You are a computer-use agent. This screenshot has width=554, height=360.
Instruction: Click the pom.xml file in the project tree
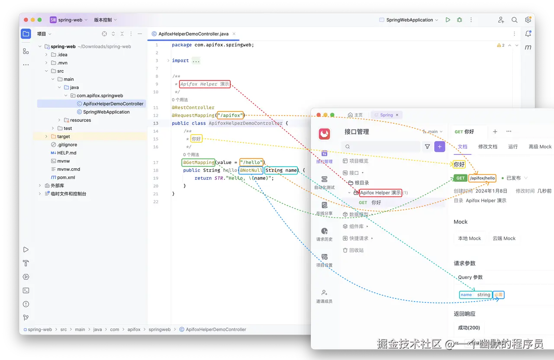(66, 177)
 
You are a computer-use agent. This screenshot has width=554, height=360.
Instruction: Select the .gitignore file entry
(67, 145)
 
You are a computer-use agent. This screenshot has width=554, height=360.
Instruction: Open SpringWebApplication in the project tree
(106, 112)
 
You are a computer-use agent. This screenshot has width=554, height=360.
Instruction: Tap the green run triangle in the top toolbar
(448, 20)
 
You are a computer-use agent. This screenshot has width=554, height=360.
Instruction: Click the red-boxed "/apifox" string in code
(231, 116)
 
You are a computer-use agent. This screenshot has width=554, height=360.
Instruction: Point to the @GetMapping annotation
(198, 163)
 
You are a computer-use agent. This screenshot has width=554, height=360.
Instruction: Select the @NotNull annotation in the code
(251, 170)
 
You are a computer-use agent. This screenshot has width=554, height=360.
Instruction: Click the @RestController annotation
(193, 108)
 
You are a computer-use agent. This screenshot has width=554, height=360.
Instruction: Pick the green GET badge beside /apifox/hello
(461, 178)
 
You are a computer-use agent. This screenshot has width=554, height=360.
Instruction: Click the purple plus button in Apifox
(440, 147)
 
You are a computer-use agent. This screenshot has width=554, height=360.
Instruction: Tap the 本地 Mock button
(470, 238)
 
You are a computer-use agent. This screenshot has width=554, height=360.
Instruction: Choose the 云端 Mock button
(504, 238)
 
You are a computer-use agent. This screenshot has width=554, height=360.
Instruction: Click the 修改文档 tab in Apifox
(487, 147)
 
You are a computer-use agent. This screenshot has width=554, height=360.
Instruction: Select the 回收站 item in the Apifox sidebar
(356, 250)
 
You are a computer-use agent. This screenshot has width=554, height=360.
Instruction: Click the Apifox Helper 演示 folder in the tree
(380, 193)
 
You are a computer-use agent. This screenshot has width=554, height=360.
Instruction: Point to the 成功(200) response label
(469, 328)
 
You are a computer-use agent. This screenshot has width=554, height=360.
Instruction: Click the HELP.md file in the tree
(67, 153)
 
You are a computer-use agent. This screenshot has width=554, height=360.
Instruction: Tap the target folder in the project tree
(63, 136)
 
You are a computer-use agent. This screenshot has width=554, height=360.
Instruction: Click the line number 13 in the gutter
(156, 123)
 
